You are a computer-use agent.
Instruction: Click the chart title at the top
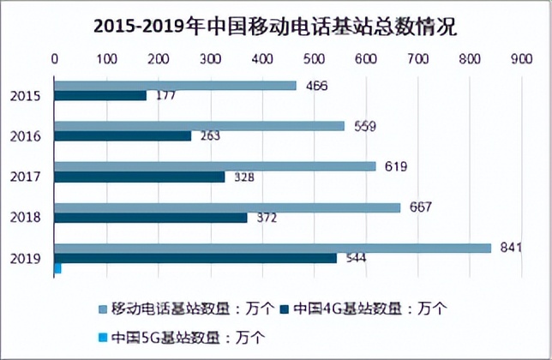coord(276,27)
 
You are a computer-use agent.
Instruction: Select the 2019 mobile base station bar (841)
coord(273,248)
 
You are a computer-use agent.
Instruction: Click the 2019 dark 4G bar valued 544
coord(195,258)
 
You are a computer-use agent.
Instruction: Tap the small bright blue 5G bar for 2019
coord(58,268)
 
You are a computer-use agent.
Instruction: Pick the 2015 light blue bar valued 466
coord(175,86)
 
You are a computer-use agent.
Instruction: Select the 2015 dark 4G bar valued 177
coord(100,96)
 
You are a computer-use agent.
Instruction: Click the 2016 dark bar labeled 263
coord(123,135)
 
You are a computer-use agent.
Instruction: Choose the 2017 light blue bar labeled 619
coord(215,166)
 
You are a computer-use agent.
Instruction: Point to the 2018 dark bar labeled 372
coord(151,218)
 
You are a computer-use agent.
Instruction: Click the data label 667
coord(421,207)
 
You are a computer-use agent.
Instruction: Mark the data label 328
coord(245,177)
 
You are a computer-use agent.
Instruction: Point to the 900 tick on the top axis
coord(520,59)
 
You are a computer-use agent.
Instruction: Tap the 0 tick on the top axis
coord(55,59)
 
